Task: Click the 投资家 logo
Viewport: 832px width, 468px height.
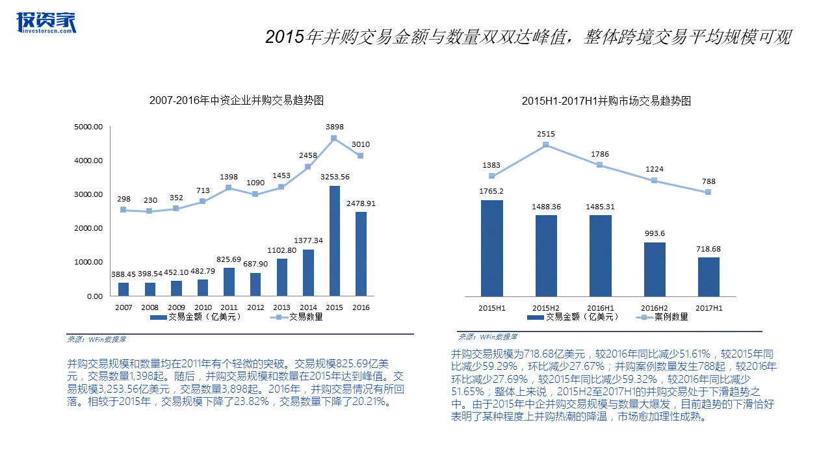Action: click(x=46, y=22)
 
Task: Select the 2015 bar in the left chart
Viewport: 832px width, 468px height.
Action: click(x=334, y=240)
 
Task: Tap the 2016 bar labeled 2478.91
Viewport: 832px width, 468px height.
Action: click(x=361, y=253)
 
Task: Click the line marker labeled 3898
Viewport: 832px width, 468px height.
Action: click(x=333, y=138)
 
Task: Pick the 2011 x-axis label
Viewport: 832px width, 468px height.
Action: click(x=228, y=307)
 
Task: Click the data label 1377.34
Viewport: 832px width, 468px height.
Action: click(x=308, y=240)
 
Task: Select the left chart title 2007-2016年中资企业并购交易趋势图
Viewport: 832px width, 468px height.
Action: click(x=237, y=101)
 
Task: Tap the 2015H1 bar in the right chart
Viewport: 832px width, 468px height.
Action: click(x=491, y=248)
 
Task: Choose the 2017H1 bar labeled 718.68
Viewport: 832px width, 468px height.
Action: click(x=708, y=276)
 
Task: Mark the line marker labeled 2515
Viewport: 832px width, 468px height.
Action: click(x=546, y=144)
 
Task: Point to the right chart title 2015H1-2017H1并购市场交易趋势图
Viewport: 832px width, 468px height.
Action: click(x=606, y=101)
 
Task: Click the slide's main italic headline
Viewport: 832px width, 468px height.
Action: click(x=528, y=37)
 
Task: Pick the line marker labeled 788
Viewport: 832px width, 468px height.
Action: click(x=708, y=192)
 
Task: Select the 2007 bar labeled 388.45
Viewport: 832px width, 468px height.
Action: click(x=123, y=289)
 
